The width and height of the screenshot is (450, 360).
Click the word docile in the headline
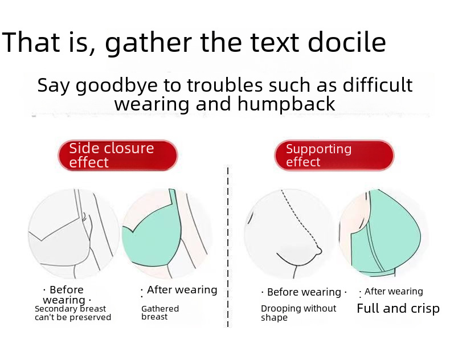(347, 43)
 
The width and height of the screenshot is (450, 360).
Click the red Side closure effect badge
(118, 156)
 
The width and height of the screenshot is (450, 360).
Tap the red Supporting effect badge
(334, 156)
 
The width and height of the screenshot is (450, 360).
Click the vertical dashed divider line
(228, 246)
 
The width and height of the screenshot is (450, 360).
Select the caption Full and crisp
(398, 309)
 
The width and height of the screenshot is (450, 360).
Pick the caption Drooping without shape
(298, 313)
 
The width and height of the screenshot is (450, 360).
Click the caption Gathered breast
(160, 313)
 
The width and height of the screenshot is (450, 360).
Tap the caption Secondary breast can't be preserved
(73, 313)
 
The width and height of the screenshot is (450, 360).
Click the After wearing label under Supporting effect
(394, 292)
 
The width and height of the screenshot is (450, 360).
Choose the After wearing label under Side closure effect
(182, 290)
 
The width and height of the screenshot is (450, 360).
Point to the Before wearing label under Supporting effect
(304, 292)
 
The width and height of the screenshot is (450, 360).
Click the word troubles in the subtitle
(224, 85)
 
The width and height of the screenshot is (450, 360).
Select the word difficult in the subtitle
(378, 85)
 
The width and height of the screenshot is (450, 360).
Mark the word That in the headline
(31, 43)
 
